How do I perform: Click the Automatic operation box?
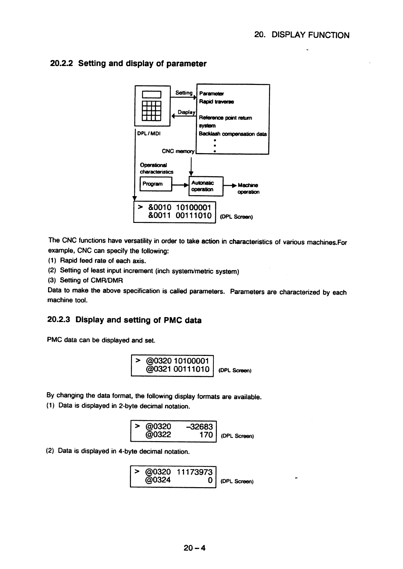(206, 186)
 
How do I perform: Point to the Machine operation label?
(248, 188)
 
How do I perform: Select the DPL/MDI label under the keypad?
(149, 134)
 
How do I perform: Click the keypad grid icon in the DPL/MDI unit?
(151, 110)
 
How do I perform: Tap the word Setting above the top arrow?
(184, 93)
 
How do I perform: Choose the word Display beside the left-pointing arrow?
(186, 112)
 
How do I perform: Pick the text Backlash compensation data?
(233, 134)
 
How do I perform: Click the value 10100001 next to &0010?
(194, 207)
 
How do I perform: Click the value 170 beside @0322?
(206, 435)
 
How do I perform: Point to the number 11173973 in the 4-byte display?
(195, 472)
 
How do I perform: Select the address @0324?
(158, 480)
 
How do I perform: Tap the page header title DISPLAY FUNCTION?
(310, 35)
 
